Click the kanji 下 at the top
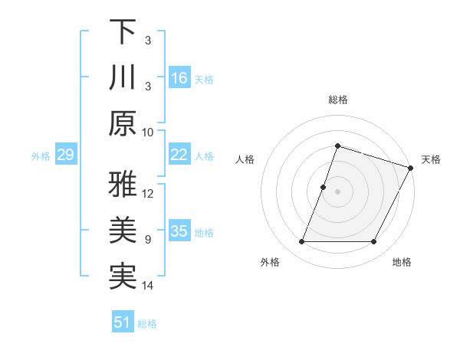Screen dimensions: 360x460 (123, 32)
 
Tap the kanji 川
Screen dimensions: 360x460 (123, 78)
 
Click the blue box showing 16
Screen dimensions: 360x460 (179, 78)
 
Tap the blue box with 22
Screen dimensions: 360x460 (179, 155)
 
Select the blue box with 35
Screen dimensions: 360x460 (179, 231)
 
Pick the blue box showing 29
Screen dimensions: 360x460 (65, 155)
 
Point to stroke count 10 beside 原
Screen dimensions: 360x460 (148, 132)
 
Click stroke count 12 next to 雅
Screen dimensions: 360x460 (148, 193)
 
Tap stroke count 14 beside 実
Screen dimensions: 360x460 (148, 286)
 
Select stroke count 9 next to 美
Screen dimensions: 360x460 (148, 240)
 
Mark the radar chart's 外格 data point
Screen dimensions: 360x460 (301, 242)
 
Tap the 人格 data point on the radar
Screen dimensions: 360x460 (324, 187)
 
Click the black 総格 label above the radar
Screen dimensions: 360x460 (337, 100)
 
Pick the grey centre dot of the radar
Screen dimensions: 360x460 (337, 191)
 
